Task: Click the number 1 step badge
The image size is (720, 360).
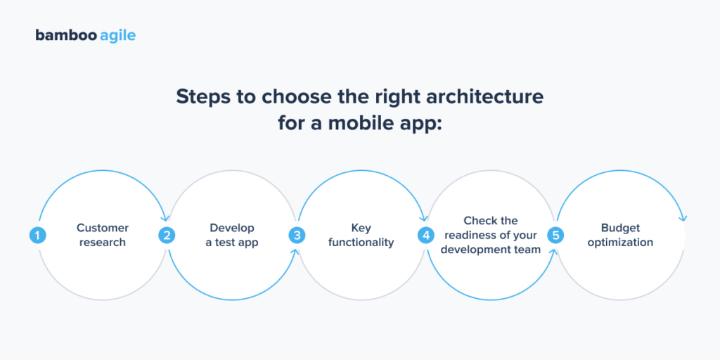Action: click(x=37, y=235)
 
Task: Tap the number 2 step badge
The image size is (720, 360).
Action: click(x=167, y=235)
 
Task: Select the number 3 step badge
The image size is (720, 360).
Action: click(x=297, y=235)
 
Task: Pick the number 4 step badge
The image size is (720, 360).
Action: click(x=426, y=235)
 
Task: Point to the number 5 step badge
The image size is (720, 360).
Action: click(x=556, y=235)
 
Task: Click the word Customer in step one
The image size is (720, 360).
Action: click(x=103, y=228)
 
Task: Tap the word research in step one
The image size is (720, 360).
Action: click(x=103, y=243)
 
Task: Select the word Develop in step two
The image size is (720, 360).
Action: click(x=232, y=228)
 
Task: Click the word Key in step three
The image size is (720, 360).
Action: click(x=361, y=228)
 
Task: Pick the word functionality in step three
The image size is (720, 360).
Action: click(x=361, y=243)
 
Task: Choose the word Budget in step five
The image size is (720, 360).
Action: click(x=621, y=228)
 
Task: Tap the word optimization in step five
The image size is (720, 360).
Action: click(x=621, y=243)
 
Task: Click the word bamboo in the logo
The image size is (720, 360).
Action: click(x=61, y=35)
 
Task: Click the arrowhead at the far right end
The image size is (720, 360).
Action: click(x=684, y=218)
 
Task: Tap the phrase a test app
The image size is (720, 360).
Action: click(x=232, y=243)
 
